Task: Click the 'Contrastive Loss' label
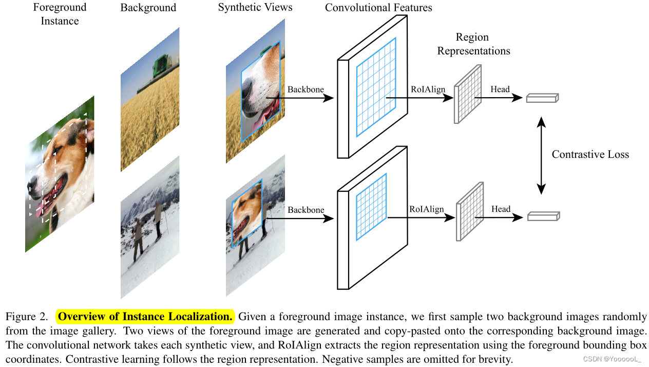[x=590, y=154]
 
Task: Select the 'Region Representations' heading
[x=473, y=44]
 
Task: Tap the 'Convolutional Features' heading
[x=378, y=8]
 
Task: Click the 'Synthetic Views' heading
[x=255, y=7]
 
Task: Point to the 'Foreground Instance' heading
[x=60, y=14]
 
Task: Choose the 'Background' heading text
[x=148, y=8]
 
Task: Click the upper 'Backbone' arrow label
[x=306, y=89]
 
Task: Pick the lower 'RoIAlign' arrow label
[x=427, y=209]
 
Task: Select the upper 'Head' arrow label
[x=500, y=89]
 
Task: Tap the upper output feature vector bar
[x=542, y=98]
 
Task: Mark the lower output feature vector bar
[x=543, y=216]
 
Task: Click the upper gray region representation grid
[x=467, y=94]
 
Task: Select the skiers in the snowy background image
[x=149, y=226]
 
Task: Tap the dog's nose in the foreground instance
[x=32, y=182]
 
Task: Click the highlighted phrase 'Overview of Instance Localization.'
[x=145, y=316]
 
